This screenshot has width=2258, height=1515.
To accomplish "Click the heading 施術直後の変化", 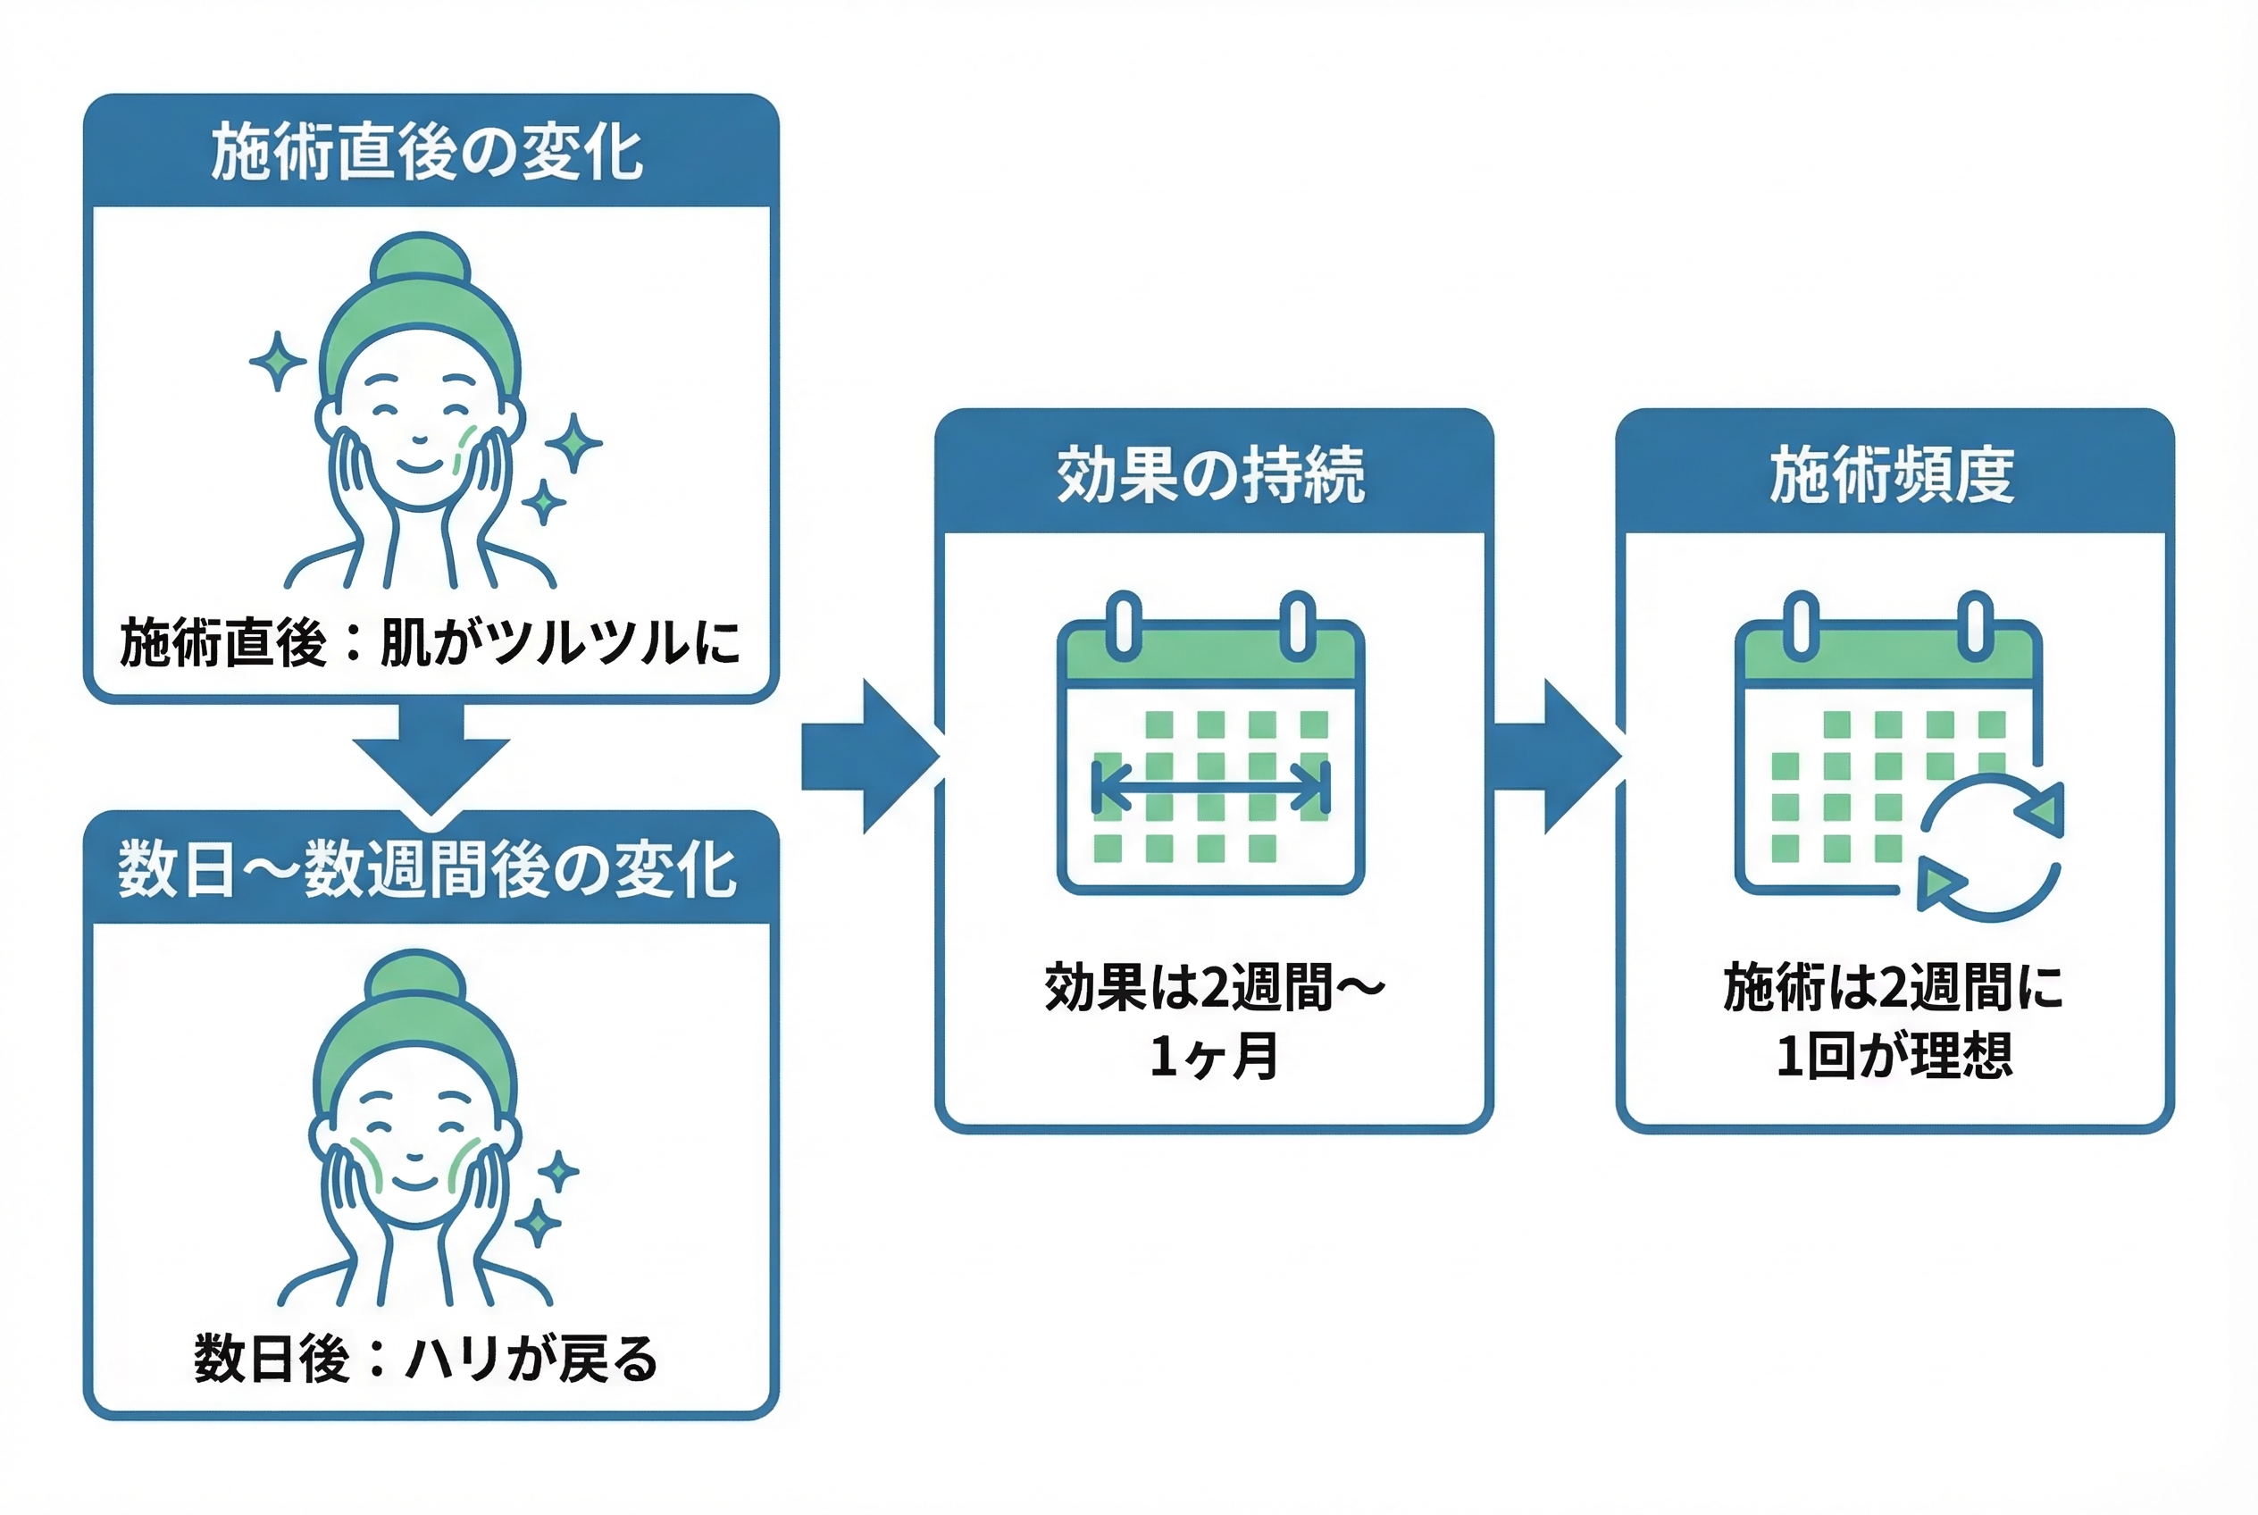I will tap(426, 152).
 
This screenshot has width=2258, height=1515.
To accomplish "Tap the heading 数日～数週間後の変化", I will tap(426, 868).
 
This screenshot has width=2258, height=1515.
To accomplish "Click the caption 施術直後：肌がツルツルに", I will tap(430, 642).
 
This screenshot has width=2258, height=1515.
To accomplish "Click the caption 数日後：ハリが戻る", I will tap(425, 1359).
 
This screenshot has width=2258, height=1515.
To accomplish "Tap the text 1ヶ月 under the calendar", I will tap(1214, 1055).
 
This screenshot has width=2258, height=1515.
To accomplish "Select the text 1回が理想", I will tap(1894, 1055).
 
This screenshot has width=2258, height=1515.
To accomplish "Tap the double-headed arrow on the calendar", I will tap(1210, 786).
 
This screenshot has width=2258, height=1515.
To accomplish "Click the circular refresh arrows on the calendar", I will tap(1990, 848).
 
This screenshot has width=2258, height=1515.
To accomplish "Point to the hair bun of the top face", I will tap(421, 258).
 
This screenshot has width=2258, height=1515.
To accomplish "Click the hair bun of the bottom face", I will tap(416, 975).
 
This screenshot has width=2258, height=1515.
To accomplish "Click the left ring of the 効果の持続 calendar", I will tap(1124, 626).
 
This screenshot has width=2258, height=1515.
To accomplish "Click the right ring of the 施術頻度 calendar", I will tap(1976, 626).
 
